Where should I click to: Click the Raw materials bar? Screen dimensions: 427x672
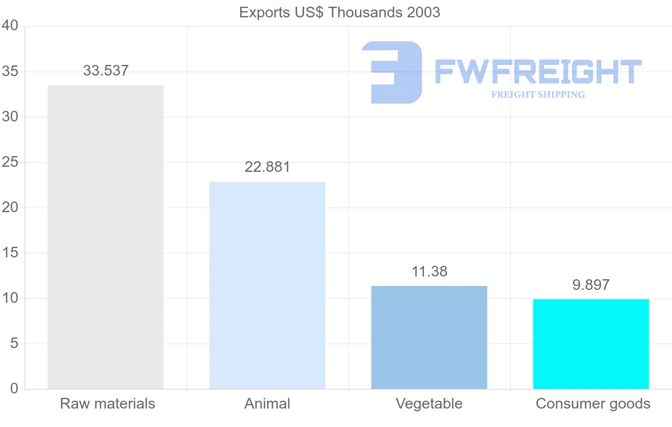point(105,237)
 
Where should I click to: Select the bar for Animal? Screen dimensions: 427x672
point(267,285)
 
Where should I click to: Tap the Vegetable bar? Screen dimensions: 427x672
point(429,337)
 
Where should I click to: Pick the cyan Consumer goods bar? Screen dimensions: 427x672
point(591,344)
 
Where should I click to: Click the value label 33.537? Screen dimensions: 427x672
point(106,71)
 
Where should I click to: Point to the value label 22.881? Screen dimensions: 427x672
point(267,167)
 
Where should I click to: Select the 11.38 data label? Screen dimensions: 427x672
point(430,272)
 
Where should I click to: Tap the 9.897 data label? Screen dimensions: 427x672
point(591,285)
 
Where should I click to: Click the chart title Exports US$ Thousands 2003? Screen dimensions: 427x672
point(339,12)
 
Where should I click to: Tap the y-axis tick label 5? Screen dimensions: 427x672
point(14,344)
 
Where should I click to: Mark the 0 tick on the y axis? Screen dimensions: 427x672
point(14,389)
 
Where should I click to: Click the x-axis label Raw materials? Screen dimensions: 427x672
point(108,403)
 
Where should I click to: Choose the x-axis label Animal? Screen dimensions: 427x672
point(267,403)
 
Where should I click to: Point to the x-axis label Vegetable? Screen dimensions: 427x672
point(429,403)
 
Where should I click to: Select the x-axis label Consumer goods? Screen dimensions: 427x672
point(593,403)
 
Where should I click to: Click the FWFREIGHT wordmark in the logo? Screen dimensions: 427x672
point(538,72)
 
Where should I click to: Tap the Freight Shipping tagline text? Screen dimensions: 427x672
point(538,95)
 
